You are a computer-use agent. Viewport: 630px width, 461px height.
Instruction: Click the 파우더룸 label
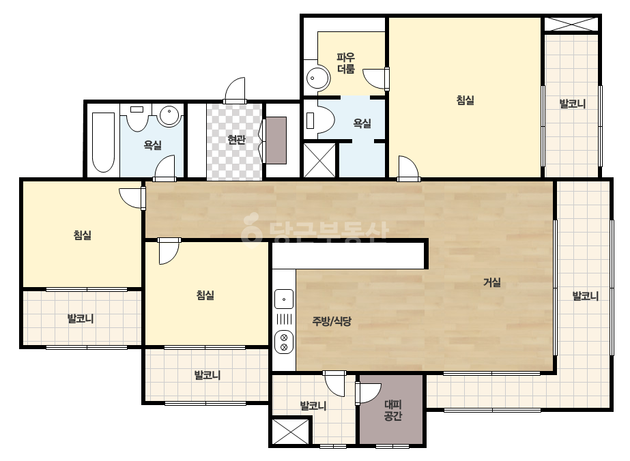345,63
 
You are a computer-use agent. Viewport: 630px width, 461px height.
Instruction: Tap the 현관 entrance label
236,139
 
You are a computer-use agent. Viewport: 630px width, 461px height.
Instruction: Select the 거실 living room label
492,282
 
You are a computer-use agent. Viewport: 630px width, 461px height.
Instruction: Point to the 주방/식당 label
332,321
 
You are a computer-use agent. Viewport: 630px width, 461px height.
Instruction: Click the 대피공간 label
392,410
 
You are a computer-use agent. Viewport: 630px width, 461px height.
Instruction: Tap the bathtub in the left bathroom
103,142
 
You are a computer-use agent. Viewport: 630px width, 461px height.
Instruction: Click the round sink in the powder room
318,78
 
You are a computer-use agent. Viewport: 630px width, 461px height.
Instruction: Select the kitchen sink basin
284,299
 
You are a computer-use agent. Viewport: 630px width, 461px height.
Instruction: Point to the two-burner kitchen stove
284,342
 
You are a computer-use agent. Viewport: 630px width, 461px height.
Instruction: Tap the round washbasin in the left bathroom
169,116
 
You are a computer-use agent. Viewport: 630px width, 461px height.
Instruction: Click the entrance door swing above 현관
235,90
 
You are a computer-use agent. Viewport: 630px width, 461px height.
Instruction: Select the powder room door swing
376,78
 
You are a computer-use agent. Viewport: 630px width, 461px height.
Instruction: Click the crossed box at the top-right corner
571,24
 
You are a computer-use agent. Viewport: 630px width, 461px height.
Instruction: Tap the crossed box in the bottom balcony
291,431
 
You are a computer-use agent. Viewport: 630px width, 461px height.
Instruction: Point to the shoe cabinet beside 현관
276,140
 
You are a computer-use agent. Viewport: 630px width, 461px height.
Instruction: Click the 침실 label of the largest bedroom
466,100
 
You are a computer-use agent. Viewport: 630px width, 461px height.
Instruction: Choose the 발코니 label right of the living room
586,296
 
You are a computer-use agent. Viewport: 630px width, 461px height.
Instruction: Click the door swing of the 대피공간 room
368,393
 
